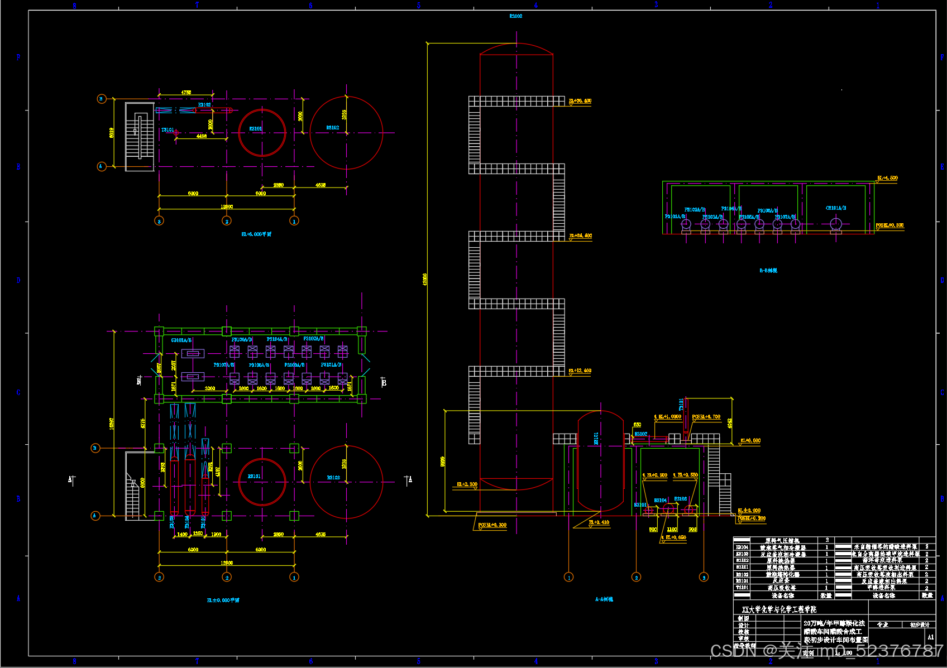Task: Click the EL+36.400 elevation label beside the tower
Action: click(580, 101)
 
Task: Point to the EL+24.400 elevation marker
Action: click(581, 236)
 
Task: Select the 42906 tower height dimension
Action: click(425, 279)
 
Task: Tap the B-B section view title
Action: click(768, 271)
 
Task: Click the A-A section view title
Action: click(604, 599)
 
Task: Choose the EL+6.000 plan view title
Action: click(256, 234)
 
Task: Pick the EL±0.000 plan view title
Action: click(223, 600)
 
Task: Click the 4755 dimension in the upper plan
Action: click(186, 93)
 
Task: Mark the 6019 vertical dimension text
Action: click(112, 132)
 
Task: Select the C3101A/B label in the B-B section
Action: click(836, 208)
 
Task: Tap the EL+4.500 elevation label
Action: click(887, 178)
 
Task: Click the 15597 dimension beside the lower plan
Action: click(112, 424)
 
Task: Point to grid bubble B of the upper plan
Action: click(102, 99)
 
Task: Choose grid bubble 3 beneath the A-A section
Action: click(704, 577)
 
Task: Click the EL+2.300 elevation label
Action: click(467, 484)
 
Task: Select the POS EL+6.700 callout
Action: click(706, 417)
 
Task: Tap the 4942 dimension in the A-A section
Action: click(730, 423)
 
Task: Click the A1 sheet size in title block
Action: click(930, 637)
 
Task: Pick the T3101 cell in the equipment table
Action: click(742, 588)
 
